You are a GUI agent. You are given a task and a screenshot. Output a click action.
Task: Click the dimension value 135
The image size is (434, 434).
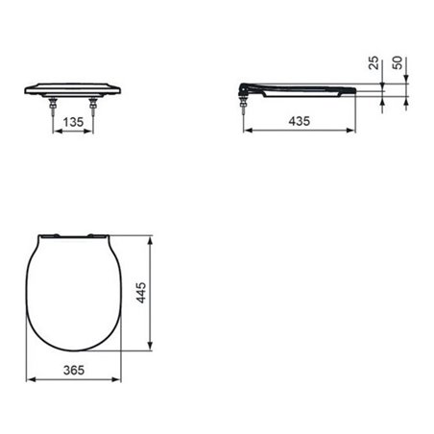[70, 123]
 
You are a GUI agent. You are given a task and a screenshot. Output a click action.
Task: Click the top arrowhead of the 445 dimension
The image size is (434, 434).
[155, 234]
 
